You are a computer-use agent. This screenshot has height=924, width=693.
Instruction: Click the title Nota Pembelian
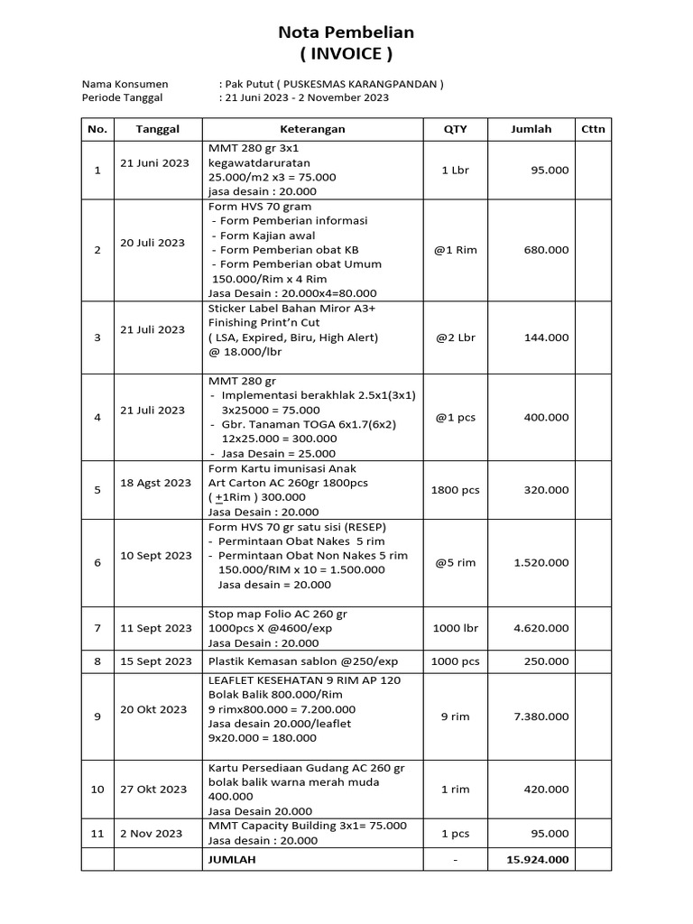pos(346,32)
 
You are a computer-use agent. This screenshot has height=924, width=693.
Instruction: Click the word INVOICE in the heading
pos(346,54)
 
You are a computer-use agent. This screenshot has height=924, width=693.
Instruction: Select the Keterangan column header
pos(312,129)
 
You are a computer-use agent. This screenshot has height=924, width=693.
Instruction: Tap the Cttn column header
pos(593,129)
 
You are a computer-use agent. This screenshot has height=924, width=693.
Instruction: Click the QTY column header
pos(456,129)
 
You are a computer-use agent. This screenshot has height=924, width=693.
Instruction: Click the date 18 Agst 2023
pos(156,483)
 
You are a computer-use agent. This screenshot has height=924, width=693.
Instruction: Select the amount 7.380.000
pos(541,716)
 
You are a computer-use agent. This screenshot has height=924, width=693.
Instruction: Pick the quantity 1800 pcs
pos(456,490)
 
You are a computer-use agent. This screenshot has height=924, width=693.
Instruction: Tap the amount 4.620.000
pos(541,628)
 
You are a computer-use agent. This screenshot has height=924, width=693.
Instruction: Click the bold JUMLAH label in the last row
pos(232,859)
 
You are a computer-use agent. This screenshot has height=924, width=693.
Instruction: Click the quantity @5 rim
pos(456,562)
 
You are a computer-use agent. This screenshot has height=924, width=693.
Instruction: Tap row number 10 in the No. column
pos(97,790)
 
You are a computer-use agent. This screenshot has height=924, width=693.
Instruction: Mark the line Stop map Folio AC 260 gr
pos(277,614)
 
